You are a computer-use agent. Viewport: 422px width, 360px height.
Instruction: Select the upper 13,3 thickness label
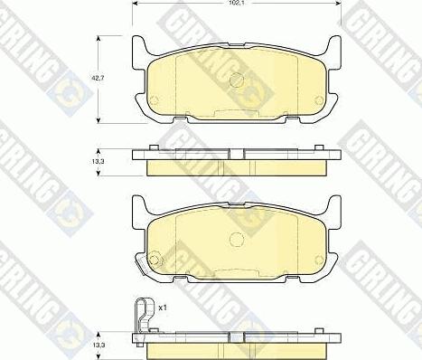98,161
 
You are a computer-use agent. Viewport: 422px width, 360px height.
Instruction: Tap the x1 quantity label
163,308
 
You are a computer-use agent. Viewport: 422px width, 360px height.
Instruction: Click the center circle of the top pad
237,80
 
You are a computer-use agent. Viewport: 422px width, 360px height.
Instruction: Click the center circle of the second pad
237,239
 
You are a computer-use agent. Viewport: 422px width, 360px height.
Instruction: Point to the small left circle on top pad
154,100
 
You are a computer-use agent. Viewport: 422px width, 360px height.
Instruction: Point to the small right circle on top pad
319,100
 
